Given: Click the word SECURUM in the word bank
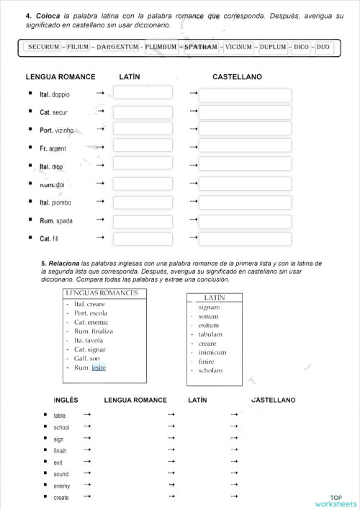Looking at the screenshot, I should pos(44,47).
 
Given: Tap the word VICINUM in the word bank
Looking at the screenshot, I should pos(238,47).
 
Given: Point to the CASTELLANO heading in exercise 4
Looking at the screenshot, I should pos(237,76).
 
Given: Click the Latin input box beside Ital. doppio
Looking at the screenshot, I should pos(143,93).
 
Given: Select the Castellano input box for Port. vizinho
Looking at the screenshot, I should pos(245,129).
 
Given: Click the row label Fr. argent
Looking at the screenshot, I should pos(53,148).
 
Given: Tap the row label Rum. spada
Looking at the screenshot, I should pos(55,220).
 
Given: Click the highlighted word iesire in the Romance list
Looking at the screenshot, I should pos(99,367).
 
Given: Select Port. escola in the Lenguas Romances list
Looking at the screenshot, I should pos(91,313).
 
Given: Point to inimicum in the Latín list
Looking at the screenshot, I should pos(212,352).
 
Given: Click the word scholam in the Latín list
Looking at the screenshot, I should pos(211,370).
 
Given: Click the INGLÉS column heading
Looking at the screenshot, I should pos(66,400).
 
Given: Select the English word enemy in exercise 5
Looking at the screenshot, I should pos(61,486).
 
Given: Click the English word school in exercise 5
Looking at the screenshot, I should pos(61,427).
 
